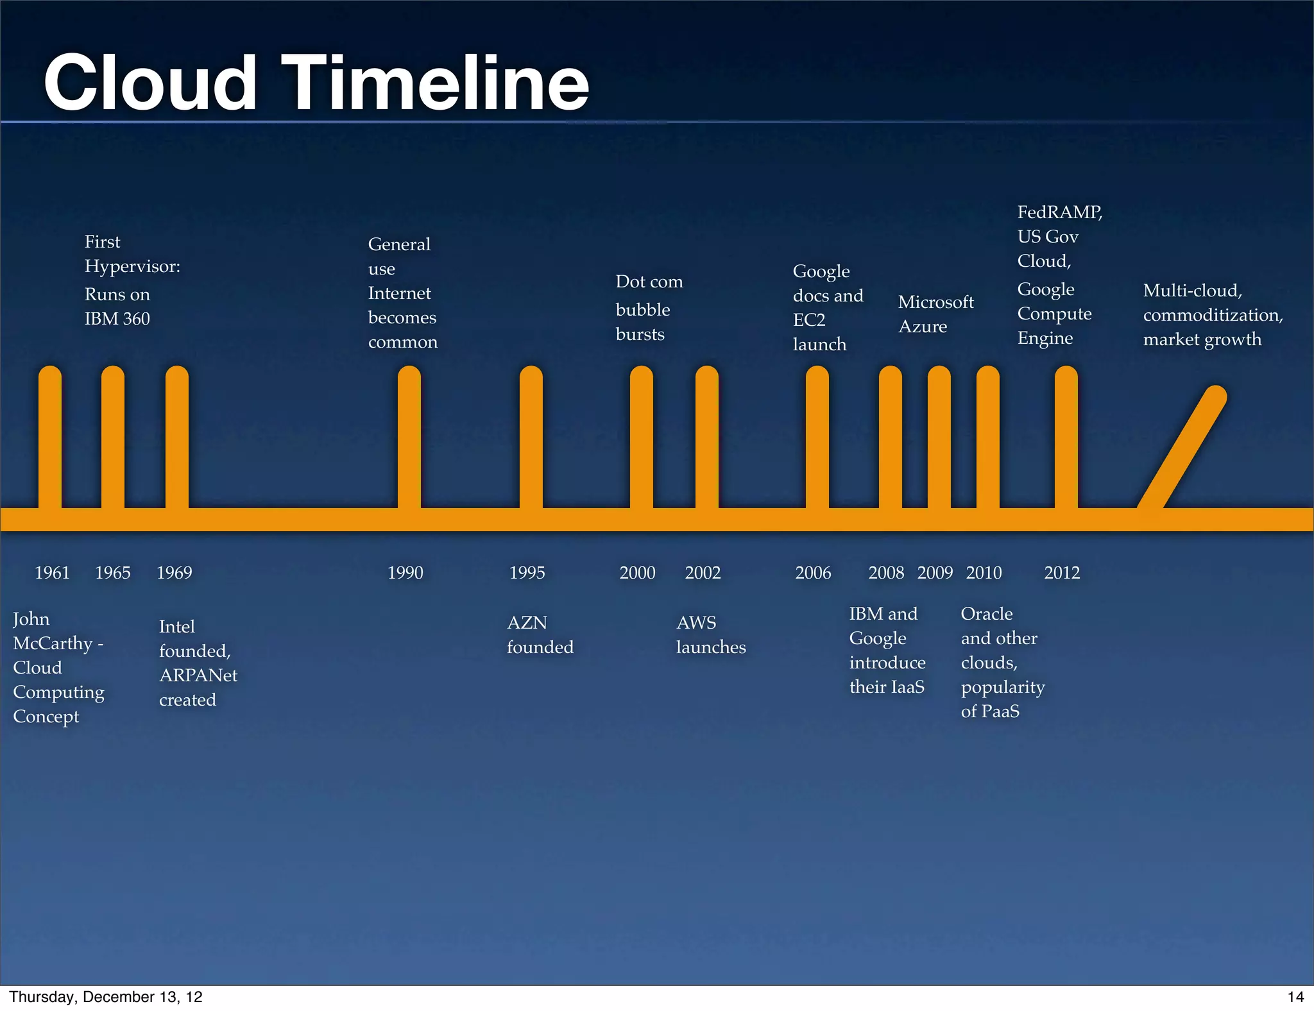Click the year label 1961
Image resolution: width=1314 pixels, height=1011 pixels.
point(52,572)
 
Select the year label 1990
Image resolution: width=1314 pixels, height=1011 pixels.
point(405,572)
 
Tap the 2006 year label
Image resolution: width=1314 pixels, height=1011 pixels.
point(813,572)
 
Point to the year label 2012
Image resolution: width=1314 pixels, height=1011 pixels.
point(1062,572)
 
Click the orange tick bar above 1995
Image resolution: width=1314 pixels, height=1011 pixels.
point(531,439)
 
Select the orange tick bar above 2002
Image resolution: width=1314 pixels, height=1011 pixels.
point(706,439)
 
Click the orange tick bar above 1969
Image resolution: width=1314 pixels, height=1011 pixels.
point(176,439)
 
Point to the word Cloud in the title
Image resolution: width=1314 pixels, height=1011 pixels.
point(151,83)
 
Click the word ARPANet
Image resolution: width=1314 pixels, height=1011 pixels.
point(198,675)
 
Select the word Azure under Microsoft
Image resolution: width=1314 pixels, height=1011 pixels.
point(923,327)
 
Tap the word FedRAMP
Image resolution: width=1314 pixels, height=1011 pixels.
point(1059,212)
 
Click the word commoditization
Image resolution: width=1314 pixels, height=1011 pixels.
point(1213,315)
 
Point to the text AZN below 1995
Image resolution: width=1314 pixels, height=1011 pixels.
point(527,622)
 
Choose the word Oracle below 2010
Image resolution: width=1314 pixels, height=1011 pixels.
point(987,614)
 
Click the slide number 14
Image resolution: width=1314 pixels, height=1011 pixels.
point(1295,997)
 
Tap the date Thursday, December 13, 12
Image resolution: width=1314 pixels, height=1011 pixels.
point(106,997)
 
